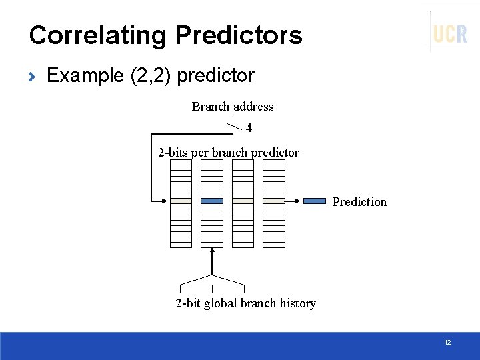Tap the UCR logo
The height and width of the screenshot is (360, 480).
click(x=450, y=34)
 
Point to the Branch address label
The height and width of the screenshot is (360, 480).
click(x=233, y=107)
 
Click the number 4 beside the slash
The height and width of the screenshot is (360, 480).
click(x=249, y=127)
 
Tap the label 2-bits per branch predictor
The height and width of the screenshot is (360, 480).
click(x=229, y=153)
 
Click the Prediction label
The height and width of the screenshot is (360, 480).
click(x=359, y=202)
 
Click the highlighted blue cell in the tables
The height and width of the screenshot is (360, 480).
click(x=212, y=201)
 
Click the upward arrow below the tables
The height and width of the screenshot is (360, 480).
click(x=212, y=260)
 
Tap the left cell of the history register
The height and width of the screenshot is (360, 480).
click(x=196, y=289)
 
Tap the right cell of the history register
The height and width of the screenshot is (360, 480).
click(x=228, y=289)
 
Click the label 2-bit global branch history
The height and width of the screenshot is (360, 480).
click(x=245, y=303)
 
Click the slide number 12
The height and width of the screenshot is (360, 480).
click(x=447, y=343)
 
